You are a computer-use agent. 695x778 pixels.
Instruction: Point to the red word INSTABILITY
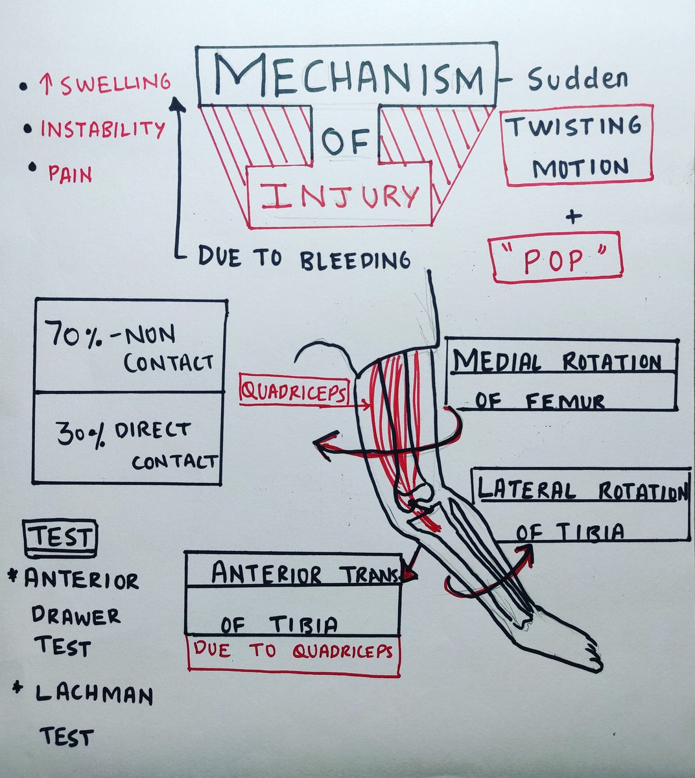(x=102, y=129)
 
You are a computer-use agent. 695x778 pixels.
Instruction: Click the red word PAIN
(x=69, y=174)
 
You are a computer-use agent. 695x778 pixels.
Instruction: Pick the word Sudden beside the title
(x=578, y=80)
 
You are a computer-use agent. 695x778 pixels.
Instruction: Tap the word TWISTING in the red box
(x=574, y=126)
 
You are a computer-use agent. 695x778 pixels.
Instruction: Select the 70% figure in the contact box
(x=73, y=337)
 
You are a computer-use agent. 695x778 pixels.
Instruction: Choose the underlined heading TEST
(x=61, y=538)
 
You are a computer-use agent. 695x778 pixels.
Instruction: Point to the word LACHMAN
(x=94, y=695)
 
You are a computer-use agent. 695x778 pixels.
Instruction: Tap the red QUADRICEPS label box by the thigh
(x=294, y=391)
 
